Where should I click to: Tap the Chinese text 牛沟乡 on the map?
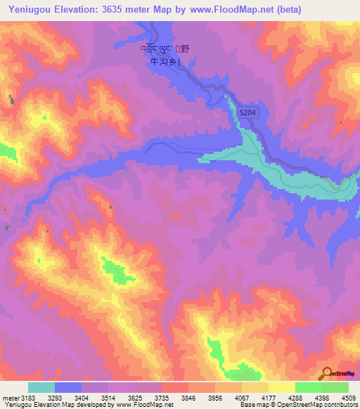166,61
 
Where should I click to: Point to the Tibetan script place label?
157,48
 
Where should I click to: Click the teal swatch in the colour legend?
41,387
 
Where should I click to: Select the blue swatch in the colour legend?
67,387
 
